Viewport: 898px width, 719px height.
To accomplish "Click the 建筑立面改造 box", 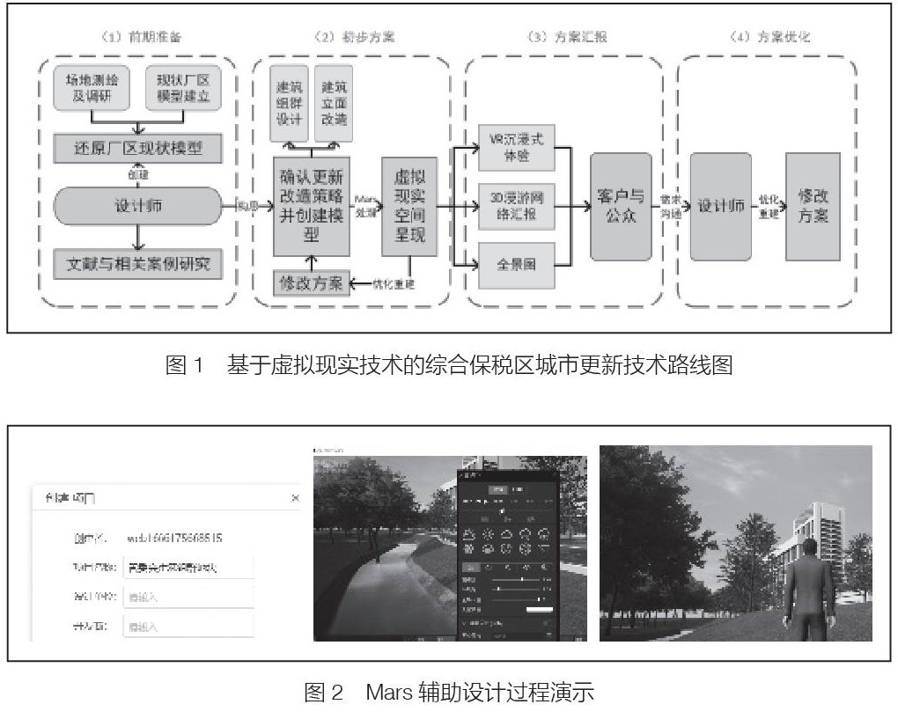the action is (x=336, y=105).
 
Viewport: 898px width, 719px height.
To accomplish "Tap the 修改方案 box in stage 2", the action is (x=311, y=282).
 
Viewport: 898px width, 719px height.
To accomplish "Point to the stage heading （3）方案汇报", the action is (x=564, y=38).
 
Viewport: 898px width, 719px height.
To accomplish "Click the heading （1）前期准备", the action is (x=140, y=38).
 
